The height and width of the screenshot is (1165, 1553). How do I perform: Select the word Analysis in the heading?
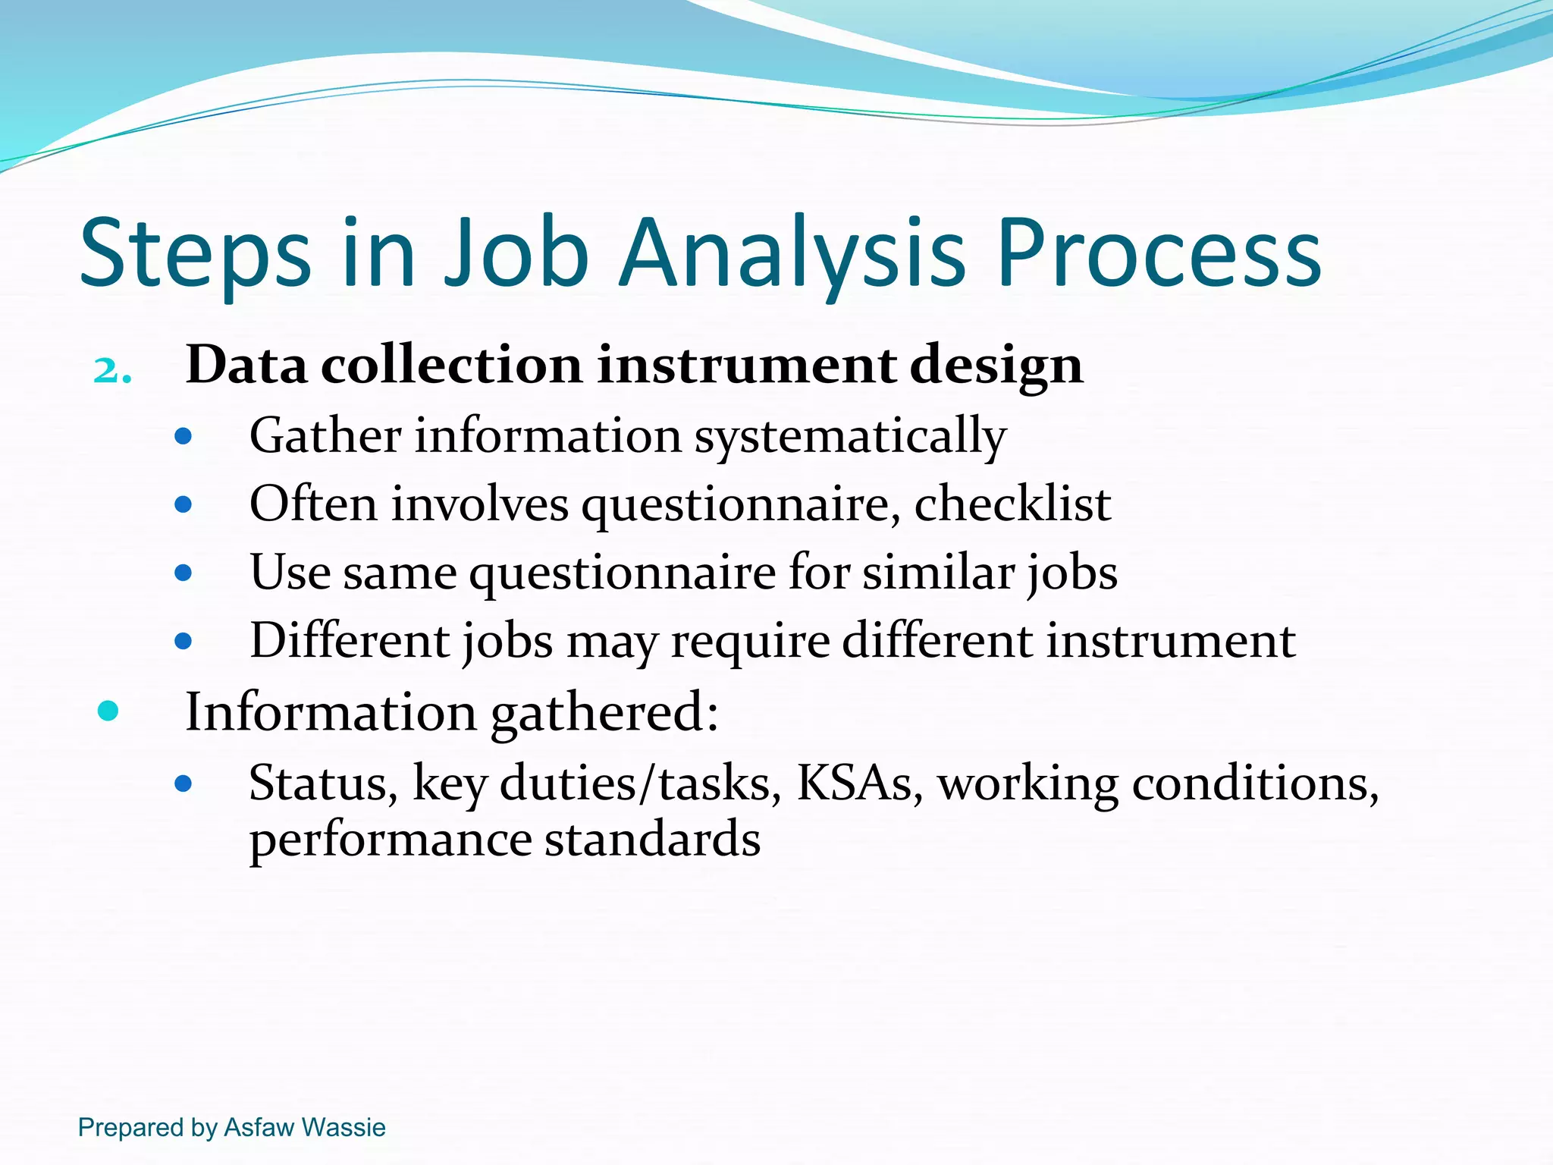point(792,254)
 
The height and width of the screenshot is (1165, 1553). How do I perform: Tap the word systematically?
point(850,438)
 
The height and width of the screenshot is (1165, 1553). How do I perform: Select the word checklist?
point(1012,504)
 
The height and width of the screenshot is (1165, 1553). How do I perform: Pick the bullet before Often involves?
point(183,504)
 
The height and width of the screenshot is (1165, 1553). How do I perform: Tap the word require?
point(750,642)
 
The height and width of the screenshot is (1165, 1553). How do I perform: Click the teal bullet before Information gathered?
point(108,711)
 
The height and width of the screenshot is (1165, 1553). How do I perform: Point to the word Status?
point(323,783)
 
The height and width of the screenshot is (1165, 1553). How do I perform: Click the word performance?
point(391,841)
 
